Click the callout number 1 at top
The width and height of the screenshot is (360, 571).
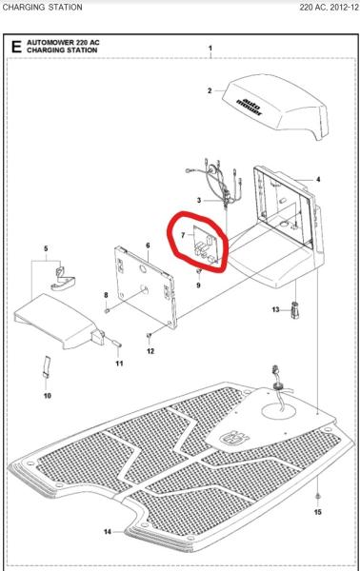pyautogui.click(x=210, y=47)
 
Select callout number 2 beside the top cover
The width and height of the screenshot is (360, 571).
pyautogui.click(x=210, y=91)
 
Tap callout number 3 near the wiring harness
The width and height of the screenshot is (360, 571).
pyautogui.click(x=198, y=201)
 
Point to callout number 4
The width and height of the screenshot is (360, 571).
pyautogui.click(x=317, y=179)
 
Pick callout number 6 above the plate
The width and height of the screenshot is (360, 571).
pyautogui.click(x=148, y=245)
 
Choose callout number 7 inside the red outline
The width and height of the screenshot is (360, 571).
pyautogui.click(x=182, y=234)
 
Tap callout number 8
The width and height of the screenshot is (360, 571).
pyautogui.click(x=105, y=296)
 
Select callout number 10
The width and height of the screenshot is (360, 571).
pyautogui.click(x=48, y=393)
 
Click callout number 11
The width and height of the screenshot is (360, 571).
pyautogui.click(x=119, y=364)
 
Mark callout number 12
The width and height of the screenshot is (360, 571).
pyautogui.click(x=150, y=352)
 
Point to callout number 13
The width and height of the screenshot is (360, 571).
pyautogui.click(x=276, y=309)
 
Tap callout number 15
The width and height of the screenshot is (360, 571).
pyautogui.click(x=318, y=512)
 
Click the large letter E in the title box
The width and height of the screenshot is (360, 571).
pyautogui.click(x=15, y=47)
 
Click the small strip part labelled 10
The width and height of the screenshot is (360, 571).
pyautogui.click(x=48, y=367)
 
